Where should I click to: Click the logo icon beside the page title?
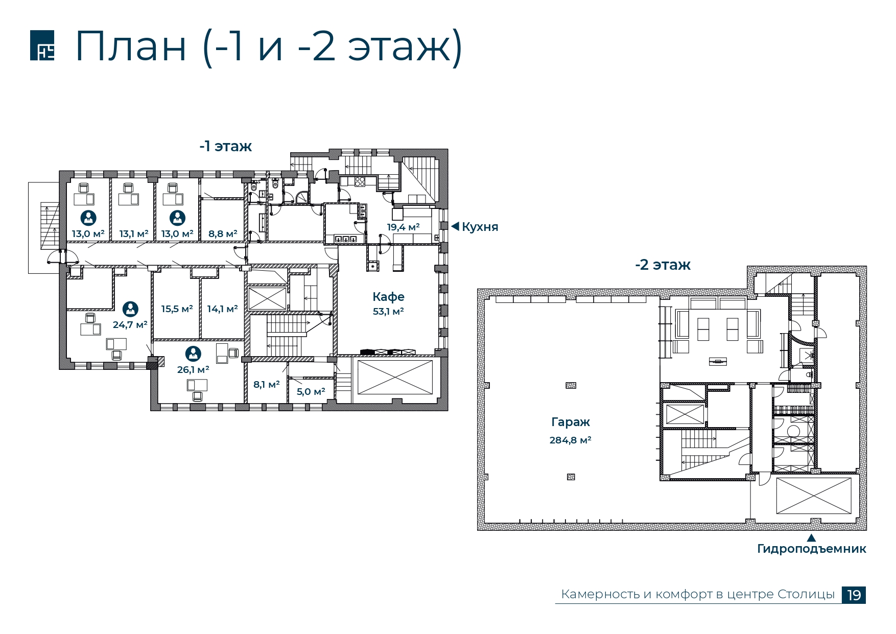click(x=42, y=45)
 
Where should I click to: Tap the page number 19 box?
click(x=854, y=595)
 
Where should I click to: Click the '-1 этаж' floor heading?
click(x=226, y=147)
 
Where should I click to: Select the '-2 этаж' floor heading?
click(x=663, y=265)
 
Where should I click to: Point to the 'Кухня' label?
click(x=480, y=227)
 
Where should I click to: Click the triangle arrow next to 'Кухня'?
click(x=455, y=226)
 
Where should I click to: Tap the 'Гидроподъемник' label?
click(x=811, y=549)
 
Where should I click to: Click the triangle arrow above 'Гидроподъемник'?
click(x=811, y=537)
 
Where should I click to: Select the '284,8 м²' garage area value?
click(x=570, y=440)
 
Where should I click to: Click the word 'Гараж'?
click(x=571, y=422)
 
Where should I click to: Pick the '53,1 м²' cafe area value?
click(x=388, y=311)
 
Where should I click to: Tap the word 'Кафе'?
click(x=388, y=297)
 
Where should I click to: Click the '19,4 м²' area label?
click(x=403, y=227)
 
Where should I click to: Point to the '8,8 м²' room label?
click(x=223, y=234)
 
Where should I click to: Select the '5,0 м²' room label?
click(x=311, y=392)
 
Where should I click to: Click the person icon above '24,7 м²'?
click(x=130, y=309)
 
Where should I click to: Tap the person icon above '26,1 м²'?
click(x=193, y=354)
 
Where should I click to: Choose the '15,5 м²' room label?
click(x=177, y=309)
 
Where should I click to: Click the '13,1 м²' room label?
click(x=134, y=234)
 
